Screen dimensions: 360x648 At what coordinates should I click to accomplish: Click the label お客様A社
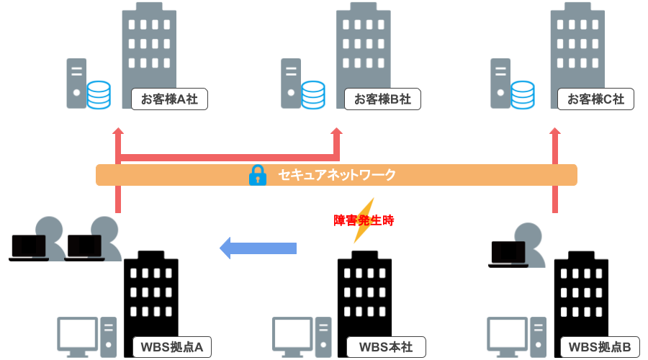(169, 99)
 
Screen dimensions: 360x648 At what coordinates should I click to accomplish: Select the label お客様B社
(382, 99)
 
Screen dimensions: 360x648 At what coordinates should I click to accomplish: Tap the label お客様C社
(595, 99)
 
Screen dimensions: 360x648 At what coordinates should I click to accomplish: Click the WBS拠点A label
(172, 347)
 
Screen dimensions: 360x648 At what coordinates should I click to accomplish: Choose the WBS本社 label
(386, 347)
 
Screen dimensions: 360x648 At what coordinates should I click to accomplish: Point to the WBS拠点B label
(600, 347)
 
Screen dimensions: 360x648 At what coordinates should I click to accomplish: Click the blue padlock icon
(257, 175)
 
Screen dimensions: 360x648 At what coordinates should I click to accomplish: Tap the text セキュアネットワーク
(337, 175)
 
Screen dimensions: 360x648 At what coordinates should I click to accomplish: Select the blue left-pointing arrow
(258, 248)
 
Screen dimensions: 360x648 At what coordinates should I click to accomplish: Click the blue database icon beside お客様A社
(99, 95)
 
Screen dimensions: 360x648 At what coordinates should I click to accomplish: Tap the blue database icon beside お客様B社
(313, 95)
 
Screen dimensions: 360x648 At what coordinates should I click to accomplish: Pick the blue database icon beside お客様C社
(523, 95)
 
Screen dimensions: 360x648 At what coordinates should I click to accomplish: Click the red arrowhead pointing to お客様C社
(555, 132)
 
